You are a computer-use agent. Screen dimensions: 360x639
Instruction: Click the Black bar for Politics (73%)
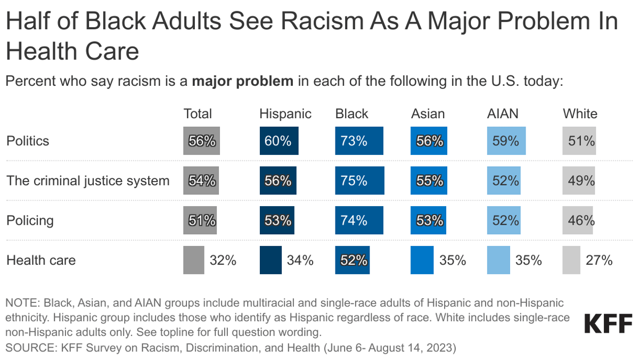[x=359, y=141]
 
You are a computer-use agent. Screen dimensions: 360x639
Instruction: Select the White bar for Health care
[x=572, y=260]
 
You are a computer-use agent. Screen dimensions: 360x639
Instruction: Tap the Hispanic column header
[x=285, y=113]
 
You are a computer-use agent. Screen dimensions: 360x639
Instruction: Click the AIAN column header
[x=502, y=113]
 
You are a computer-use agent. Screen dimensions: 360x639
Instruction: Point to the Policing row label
[x=30, y=220]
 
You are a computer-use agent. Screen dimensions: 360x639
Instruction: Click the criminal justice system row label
[x=88, y=181]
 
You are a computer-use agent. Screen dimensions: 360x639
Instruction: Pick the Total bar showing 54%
[x=201, y=181]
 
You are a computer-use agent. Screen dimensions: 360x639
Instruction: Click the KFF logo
[x=608, y=323]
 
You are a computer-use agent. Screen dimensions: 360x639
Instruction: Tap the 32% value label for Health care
[x=223, y=260]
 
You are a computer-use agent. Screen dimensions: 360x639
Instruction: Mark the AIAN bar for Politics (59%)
[x=506, y=141]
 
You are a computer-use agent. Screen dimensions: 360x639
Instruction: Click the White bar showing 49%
[x=579, y=181]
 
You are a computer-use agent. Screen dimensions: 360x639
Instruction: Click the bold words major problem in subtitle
[x=242, y=82]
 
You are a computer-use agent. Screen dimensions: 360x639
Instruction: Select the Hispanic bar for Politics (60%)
[x=278, y=141]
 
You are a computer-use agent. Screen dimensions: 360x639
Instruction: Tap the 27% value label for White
[x=599, y=260]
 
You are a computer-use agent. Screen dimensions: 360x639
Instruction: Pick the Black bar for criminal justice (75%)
[x=359, y=181]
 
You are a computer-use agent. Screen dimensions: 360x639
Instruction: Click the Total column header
[x=198, y=113]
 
